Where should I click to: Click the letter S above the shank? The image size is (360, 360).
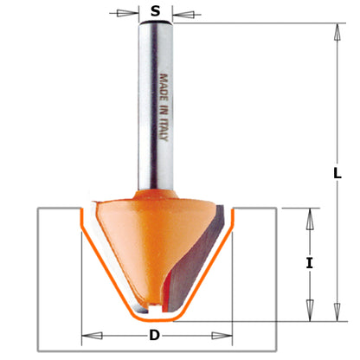(x=156, y=11)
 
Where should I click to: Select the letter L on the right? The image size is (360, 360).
(x=337, y=173)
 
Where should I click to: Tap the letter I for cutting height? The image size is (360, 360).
(x=309, y=263)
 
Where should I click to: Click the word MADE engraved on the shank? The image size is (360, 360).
(x=162, y=87)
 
